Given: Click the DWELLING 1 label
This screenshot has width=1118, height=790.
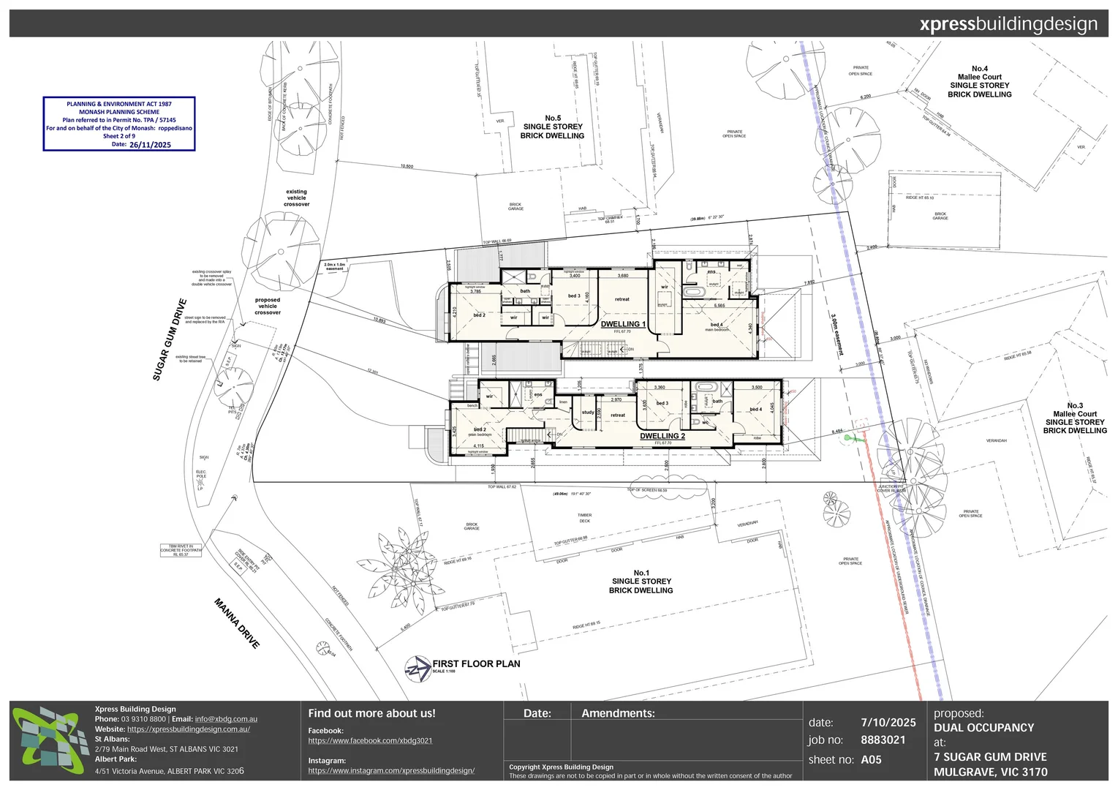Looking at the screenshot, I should (623, 324).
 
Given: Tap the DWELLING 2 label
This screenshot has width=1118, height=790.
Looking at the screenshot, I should (662, 436).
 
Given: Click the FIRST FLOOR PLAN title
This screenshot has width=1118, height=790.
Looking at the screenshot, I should (476, 663).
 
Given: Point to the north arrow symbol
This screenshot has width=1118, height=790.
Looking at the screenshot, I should (418, 668).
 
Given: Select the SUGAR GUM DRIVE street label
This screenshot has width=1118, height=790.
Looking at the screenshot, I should (170, 339).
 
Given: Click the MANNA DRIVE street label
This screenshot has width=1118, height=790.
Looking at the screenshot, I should (237, 623).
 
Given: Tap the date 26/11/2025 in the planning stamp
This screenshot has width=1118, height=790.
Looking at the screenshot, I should (150, 145).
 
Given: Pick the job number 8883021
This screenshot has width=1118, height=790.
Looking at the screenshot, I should (883, 740).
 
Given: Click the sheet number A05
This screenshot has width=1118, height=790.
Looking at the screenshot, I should (871, 760).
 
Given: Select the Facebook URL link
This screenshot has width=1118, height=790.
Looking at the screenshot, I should (370, 741).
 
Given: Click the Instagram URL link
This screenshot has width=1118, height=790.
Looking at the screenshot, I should (391, 771).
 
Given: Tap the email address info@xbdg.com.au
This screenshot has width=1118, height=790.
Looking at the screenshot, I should (226, 719).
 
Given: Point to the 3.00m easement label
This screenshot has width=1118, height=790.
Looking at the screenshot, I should (837, 335).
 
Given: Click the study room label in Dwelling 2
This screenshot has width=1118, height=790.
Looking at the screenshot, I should (588, 413).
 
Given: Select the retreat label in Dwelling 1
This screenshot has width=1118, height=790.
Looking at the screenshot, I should (622, 299).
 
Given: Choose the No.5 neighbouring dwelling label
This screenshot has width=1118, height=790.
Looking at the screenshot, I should (553, 127).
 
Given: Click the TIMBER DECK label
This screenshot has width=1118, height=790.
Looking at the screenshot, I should (584, 518).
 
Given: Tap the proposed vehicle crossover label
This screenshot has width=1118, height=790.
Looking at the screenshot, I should (268, 306).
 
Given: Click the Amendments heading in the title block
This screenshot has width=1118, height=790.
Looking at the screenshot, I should (618, 713).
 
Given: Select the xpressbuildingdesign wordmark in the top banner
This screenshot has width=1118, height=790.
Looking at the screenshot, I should (1008, 24).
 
